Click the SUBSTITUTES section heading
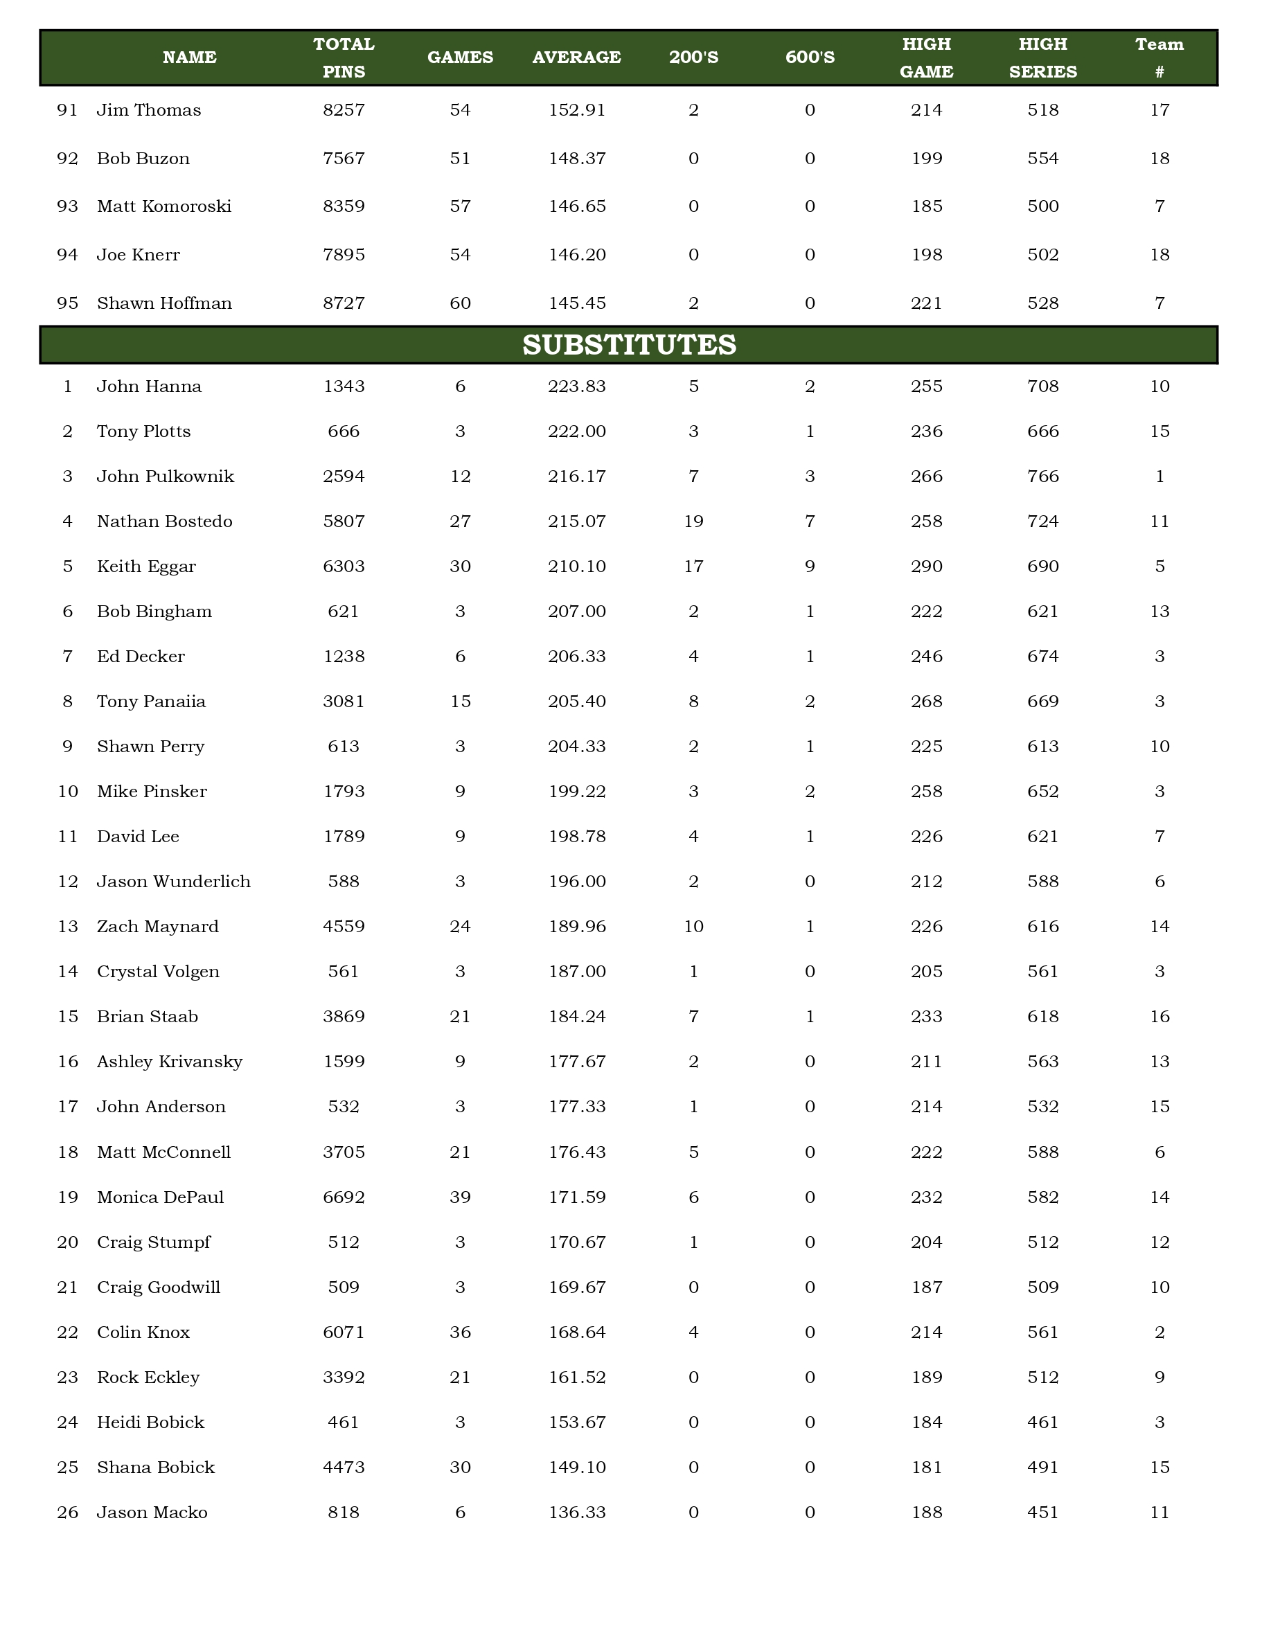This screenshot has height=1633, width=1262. tap(629, 345)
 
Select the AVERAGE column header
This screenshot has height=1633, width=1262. tap(576, 57)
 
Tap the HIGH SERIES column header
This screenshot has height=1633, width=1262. tap(1043, 57)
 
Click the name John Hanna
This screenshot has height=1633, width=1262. tap(149, 386)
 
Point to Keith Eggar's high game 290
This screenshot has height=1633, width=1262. tap(926, 566)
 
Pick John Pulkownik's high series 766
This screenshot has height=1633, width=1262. tap(1043, 476)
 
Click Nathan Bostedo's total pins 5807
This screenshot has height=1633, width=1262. tap(344, 521)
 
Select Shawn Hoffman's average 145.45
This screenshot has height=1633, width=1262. tap(576, 303)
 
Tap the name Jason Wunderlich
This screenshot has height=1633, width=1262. tap(173, 882)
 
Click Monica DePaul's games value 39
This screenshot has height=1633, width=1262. tap(460, 1197)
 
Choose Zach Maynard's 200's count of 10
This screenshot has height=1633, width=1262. tap(693, 927)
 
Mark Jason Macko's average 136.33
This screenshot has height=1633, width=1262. tap(576, 1512)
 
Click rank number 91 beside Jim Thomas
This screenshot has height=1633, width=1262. tap(67, 110)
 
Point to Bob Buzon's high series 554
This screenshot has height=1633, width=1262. tap(1043, 159)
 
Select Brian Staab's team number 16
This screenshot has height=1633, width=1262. tap(1159, 1016)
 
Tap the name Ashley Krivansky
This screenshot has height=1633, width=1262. tap(170, 1061)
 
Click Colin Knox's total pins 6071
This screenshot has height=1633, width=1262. tap(344, 1332)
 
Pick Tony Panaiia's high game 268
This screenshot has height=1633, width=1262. tap(926, 702)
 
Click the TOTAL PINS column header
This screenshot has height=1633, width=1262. tap(344, 57)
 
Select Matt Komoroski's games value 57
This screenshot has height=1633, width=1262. tap(460, 206)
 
